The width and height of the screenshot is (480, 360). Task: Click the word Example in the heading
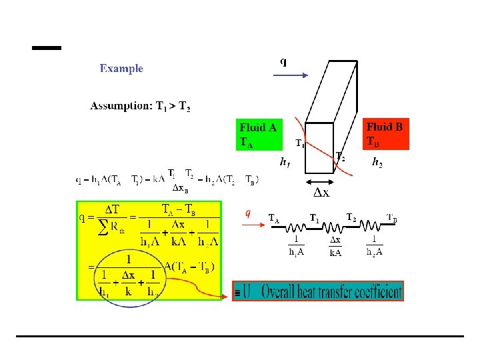[121, 68]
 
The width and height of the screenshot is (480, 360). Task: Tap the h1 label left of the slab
[285, 161]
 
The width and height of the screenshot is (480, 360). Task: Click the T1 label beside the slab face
[301, 143]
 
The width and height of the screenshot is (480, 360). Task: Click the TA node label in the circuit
[274, 217]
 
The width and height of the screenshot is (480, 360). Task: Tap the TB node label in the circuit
[393, 219]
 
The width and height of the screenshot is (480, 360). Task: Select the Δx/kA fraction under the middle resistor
[335, 245]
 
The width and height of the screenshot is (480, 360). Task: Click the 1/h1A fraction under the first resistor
[296, 245]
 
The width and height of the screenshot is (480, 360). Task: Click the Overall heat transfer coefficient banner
[319, 291]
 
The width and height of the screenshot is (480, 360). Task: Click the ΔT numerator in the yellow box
[106, 210]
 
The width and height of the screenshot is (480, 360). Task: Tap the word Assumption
[119, 105]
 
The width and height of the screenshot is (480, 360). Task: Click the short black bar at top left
[47, 48]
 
